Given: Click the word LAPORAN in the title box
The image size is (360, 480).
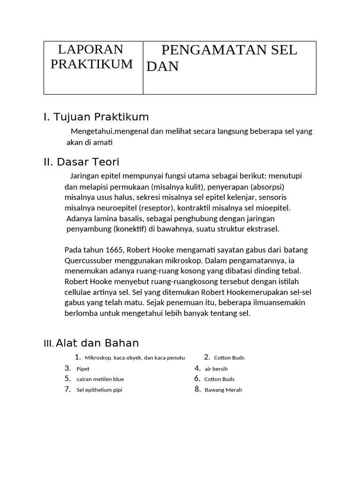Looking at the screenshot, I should [x=90, y=50].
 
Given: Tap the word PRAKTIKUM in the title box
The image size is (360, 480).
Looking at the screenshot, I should [x=91, y=64].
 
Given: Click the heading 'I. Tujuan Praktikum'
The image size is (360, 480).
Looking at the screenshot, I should [x=96, y=117].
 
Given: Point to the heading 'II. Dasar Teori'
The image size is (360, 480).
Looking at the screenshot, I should [x=82, y=162].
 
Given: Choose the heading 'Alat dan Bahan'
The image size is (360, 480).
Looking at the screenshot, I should [x=97, y=343].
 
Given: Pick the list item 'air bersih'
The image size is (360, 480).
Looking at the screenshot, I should [x=216, y=369].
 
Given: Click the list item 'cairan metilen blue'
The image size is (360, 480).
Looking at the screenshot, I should [x=100, y=379].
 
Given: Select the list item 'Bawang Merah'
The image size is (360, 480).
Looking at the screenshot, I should [x=223, y=390].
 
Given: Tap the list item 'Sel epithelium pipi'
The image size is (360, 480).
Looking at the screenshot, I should [x=99, y=390].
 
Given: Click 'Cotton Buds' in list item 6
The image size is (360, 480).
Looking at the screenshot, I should [x=219, y=379].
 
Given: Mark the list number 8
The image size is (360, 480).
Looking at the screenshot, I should [x=197, y=390].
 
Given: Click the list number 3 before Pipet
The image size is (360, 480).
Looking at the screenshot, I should [x=67, y=368].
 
